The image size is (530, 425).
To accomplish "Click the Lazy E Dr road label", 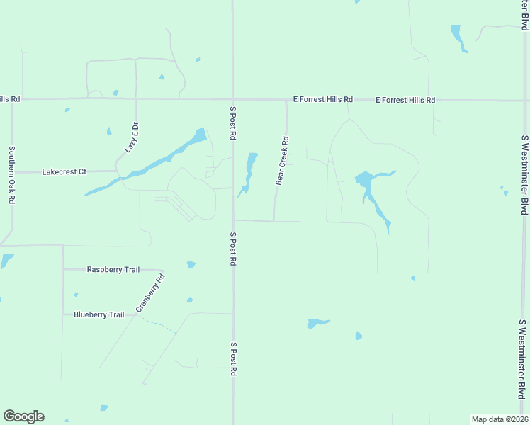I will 132,137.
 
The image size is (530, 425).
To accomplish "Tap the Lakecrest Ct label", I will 64,171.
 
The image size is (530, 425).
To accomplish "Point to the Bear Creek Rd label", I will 282,161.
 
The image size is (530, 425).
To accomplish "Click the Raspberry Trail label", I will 113,269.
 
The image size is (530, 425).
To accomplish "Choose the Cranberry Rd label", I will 150,293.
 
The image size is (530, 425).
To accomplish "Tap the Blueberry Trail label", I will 98,314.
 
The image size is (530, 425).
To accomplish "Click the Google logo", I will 23,416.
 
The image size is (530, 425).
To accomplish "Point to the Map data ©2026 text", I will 500,419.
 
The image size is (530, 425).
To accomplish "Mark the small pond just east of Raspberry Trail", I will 191,265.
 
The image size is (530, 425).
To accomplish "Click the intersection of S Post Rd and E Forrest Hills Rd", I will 233,99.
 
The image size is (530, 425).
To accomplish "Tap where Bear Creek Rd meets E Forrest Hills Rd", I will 286,100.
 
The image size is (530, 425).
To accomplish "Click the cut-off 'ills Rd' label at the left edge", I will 10,99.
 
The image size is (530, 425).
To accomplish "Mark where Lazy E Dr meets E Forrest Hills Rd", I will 135,98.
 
